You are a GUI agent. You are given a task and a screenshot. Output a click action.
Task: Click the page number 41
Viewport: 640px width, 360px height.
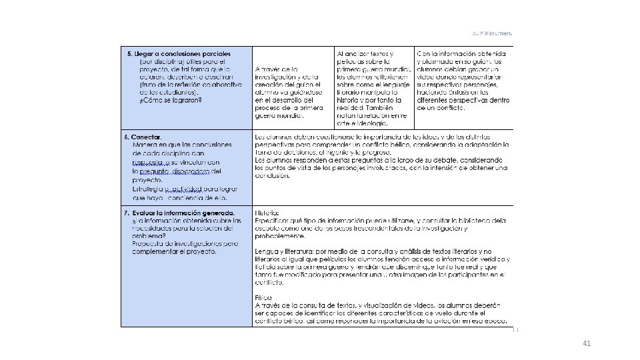(x=587, y=343)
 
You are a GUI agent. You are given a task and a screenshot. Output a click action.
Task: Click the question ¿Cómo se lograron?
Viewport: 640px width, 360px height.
(x=171, y=101)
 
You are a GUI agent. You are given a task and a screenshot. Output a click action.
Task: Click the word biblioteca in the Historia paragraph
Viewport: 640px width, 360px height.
(x=477, y=220)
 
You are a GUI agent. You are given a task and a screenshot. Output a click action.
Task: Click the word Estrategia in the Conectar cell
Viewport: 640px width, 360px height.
(x=148, y=189)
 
